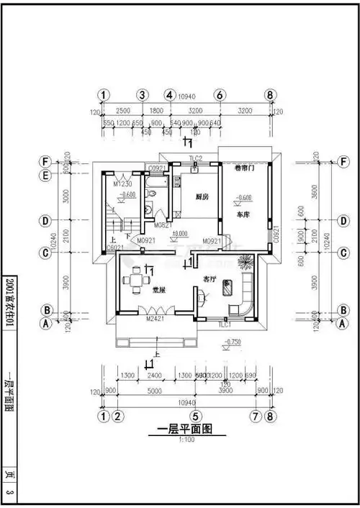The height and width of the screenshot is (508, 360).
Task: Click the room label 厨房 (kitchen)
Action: [x=202, y=196]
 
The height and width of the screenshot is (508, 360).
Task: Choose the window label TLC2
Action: [x=196, y=158]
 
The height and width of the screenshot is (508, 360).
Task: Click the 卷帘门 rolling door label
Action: [x=246, y=168]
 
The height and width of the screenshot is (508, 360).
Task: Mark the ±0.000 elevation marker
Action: [x=179, y=233]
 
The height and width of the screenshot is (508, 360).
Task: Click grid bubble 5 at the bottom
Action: [x=194, y=417]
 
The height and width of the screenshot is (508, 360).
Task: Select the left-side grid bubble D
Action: [x=46, y=220]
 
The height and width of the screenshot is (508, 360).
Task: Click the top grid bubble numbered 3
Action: [x=143, y=95]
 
